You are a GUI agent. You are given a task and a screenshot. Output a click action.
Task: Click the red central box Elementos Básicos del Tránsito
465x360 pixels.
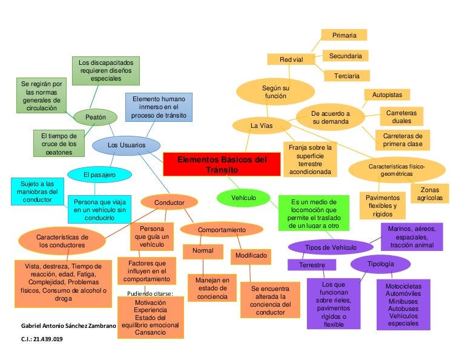point(222,164)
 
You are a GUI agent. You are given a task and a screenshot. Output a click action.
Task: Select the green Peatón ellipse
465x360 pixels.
point(95,116)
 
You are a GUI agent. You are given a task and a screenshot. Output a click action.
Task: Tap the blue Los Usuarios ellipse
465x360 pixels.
point(127,145)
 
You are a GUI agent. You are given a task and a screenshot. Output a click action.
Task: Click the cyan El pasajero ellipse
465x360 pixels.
point(99,175)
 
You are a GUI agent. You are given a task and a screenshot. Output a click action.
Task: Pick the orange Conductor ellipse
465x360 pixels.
point(169,202)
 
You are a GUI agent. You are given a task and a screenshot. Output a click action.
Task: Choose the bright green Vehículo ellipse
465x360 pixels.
point(243,198)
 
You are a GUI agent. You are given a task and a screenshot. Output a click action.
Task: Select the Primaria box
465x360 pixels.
point(344,35)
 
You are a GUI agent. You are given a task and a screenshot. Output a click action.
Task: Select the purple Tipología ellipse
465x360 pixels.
point(381,264)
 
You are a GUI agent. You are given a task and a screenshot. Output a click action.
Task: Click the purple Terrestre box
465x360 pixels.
point(312,265)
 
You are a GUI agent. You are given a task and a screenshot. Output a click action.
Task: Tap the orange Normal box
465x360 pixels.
point(203,250)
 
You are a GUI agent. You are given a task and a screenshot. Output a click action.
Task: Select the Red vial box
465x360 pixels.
point(291,59)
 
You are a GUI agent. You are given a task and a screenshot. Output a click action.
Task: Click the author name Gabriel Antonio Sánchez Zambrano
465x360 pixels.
point(68,326)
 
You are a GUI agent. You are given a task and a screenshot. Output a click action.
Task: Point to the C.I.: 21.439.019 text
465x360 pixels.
point(42,339)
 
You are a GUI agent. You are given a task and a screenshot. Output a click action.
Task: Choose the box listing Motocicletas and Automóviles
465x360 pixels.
point(403,304)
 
